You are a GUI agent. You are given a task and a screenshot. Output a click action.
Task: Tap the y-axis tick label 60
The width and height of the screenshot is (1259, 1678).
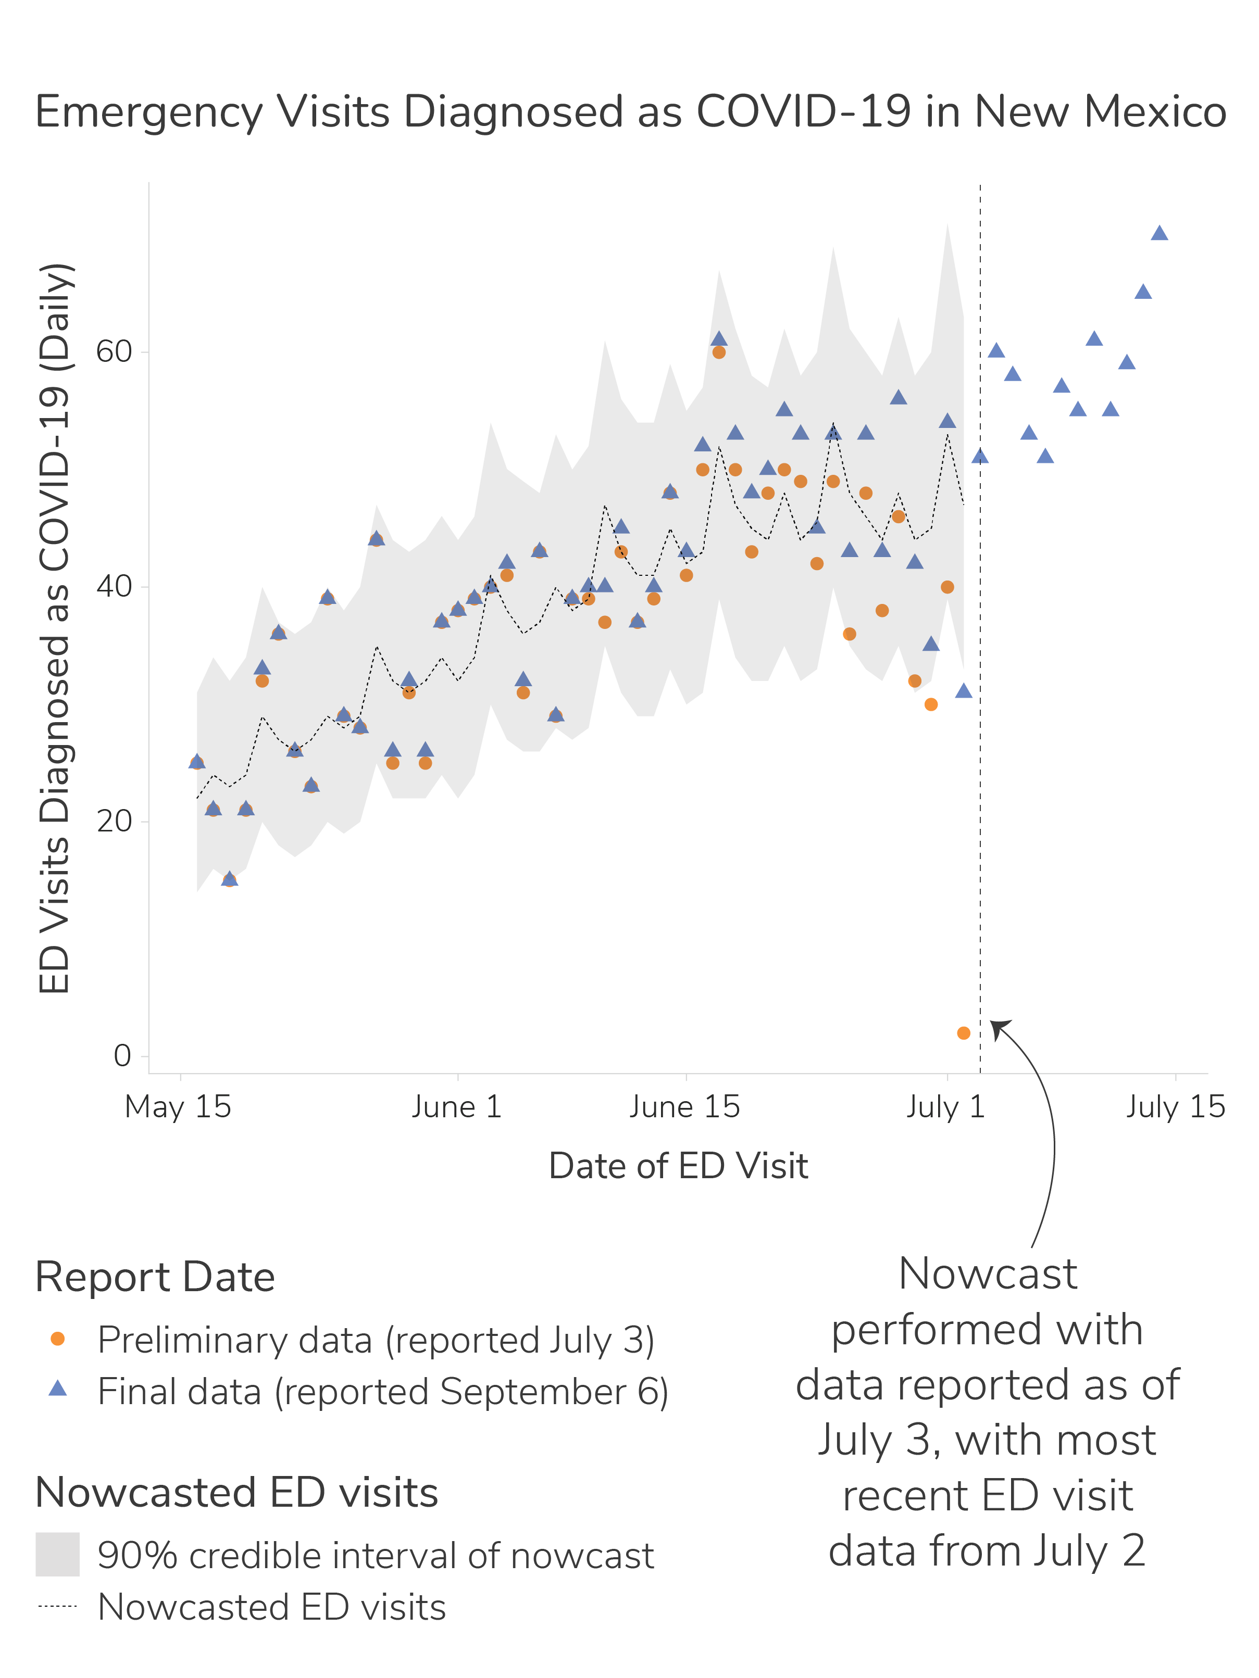pos(114,352)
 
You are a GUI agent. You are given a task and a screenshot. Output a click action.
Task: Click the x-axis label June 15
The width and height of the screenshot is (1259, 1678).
pos(684,1107)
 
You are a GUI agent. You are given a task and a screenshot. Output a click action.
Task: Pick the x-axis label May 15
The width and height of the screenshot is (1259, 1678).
pos(178,1107)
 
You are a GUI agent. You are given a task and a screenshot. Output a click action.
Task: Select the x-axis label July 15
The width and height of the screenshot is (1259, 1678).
pos(1175,1107)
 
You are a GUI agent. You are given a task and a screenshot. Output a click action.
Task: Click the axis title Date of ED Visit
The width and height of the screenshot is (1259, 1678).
pos(678,1166)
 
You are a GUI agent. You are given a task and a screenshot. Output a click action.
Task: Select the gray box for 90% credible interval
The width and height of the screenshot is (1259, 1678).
pos(58,1555)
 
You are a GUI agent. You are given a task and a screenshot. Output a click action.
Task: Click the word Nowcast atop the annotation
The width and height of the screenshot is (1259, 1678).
pos(987,1273)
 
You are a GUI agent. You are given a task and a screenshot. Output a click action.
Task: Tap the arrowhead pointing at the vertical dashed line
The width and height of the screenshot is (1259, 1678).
pos(998,1027)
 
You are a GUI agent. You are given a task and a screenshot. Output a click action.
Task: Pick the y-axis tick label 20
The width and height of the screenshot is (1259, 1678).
pos(114,822)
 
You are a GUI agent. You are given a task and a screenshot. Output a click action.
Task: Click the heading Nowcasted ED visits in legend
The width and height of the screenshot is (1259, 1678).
pos(237,1492)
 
